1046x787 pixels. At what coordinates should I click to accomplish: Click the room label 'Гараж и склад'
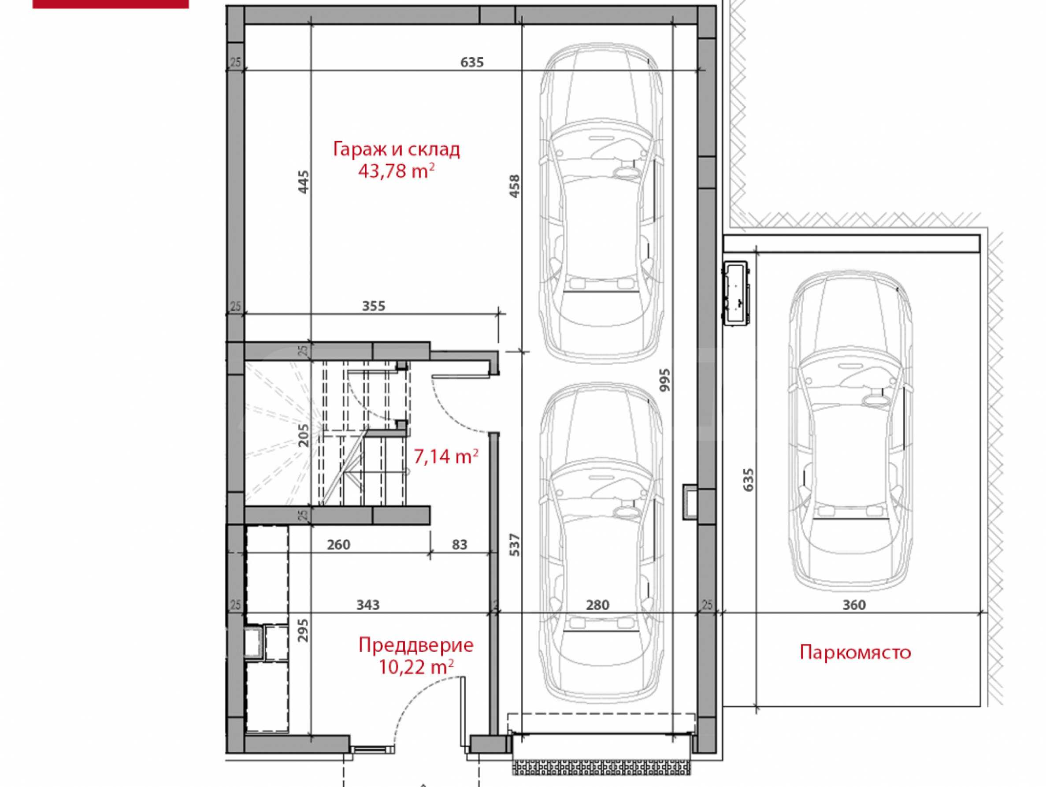pyautogui.click(x=396, y=149)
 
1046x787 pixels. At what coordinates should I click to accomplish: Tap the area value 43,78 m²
pyautogui.click(x=396, y=170)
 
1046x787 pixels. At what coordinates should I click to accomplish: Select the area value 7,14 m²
pyautogui.click(x=446, y=457)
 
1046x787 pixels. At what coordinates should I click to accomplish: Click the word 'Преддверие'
pyautogui.click(x=415, y=645)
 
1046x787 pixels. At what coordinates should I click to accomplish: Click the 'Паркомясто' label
pyautogui.click(x=855, y=652)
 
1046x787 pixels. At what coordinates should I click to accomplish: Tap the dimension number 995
pyautogui.click(x=665, y=379)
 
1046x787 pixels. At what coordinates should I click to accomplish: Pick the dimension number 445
pyautogui.click(x=304, y=182)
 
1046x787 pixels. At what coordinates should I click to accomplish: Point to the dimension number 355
pyautogui.click(x=374, y=306)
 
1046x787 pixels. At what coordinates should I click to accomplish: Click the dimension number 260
pyautogui.click(x=338, y=545)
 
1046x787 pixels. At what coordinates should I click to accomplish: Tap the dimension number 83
pyautogui.click(x=459, y=545)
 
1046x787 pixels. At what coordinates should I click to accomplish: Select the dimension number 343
pyautogui.click(x=368, y=605)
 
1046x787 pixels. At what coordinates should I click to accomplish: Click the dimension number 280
pyautogui.click(x=597, y=605)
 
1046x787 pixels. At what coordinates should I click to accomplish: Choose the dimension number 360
pyautogui.click(x=854, y=605)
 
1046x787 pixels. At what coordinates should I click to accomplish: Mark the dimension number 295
pyautogui.click(x=304, y=630)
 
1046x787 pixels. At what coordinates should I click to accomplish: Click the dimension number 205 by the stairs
pyautogui.click(x=304, y=434)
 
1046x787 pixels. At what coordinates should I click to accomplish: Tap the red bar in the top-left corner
pyautogui.click(x=110, y=4)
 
